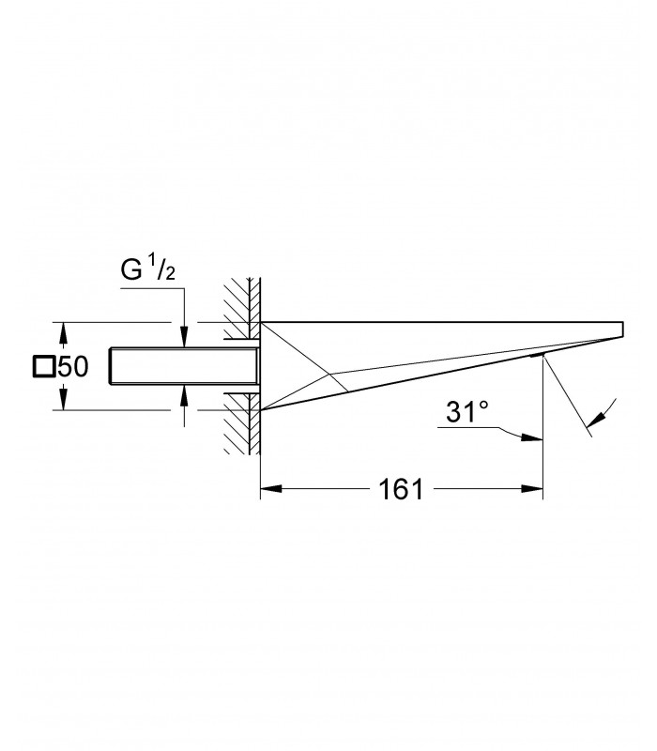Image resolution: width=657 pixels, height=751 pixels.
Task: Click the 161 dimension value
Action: click(401, 489)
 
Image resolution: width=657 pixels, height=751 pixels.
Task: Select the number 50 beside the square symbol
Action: click(73, 367)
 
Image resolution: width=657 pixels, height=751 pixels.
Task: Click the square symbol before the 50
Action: click(43, 367)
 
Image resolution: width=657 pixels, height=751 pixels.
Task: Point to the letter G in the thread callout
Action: click(131, 269)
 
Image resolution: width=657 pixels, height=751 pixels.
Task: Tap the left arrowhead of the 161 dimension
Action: click(270, 489)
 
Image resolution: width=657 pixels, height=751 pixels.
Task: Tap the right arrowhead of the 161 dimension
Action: click(532, 489)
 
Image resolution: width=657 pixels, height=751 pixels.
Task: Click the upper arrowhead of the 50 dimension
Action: click(62, 333)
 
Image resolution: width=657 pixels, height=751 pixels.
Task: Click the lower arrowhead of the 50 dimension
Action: click(62, 399)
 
